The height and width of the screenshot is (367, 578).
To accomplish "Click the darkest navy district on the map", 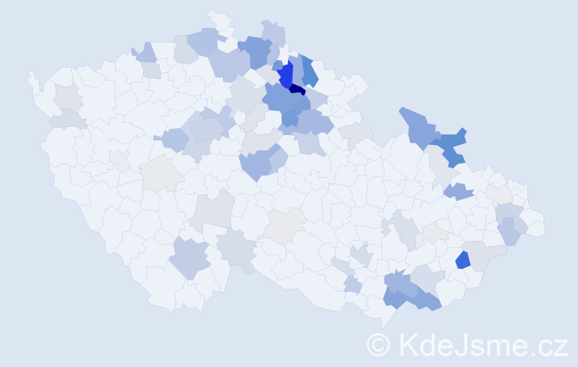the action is tap(297, 90).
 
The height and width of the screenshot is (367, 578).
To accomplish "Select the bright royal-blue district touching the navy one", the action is tap(285, 74).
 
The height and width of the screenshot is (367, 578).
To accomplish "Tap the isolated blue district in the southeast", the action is tap(463, 260).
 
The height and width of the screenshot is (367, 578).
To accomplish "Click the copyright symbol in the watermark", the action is tap(378, 344).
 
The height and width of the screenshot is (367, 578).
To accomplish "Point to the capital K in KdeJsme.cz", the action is tap(409, 344).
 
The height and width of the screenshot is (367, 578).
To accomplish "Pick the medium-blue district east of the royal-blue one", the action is tap(309, 71).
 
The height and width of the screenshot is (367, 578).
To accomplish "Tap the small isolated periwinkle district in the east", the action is tap(459, 192).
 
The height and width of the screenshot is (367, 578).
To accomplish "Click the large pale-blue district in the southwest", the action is tap(189, 258).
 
